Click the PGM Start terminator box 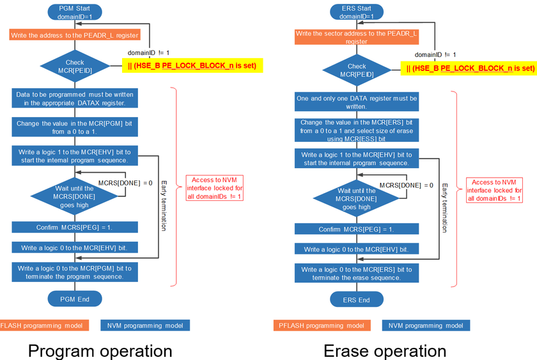click(x=75, y=12)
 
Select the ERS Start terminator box click(x=357, y=12)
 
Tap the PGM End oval click(x=75, y=299)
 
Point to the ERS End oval click(x=357, y=299)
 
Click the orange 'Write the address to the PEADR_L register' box click(x=75, y=35)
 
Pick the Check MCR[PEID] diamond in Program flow click(x=75, y=67)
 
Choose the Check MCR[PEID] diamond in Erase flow click(x=357, y=70)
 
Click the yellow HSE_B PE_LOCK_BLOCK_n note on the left click(x=192, y=65)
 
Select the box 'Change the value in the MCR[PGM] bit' click(x=75, y=127)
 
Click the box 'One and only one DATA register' click(x=357, y=102)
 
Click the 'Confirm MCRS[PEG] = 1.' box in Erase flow click(x=357, y=230)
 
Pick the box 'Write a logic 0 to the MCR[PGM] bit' click(x=75, y=272)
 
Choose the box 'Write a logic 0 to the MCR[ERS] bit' click(x=357, y=273)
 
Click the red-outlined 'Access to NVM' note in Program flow click(x=214, y=188)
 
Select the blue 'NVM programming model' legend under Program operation click(x=145, y=325)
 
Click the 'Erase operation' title click(x=385, y=350)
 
